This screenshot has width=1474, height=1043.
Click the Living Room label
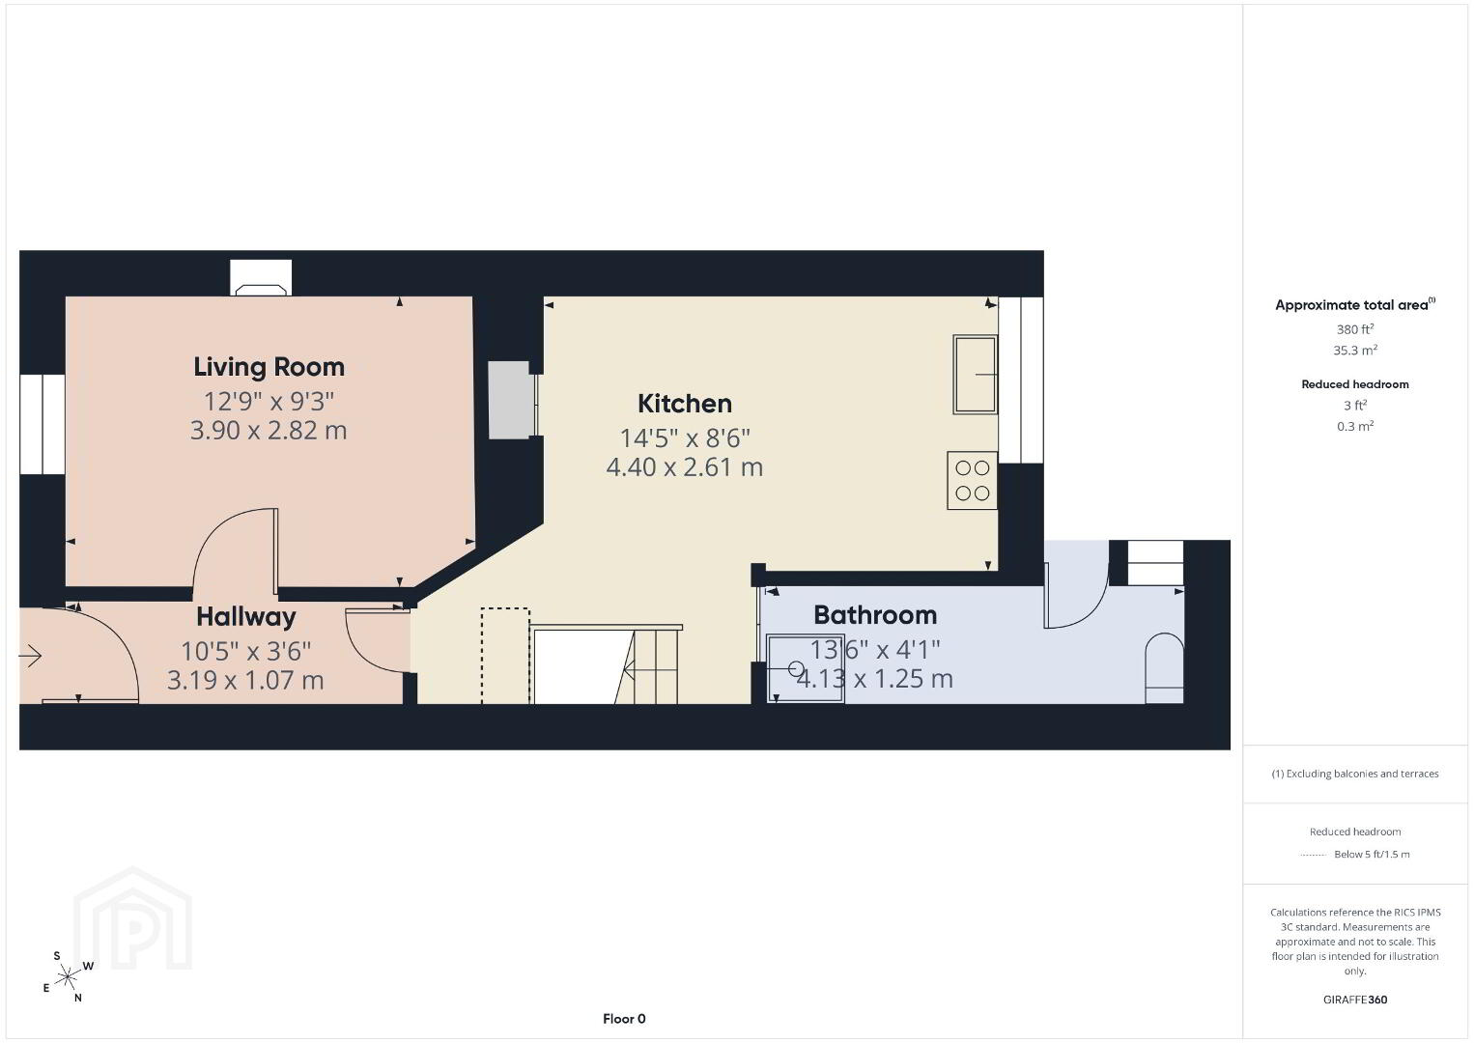[x=269, y=367]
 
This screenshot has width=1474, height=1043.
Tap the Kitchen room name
[x=684, y=404]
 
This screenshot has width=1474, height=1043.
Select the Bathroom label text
[x=875, y=614]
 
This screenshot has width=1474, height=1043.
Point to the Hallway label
[x=246, y=617]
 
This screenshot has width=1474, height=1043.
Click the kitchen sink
[x=976, y=375]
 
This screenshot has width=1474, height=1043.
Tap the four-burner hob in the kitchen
[x=972, y=480]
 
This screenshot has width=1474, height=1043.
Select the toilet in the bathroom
[x=1164, y=668]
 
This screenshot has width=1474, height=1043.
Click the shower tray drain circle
[x=796, y=669]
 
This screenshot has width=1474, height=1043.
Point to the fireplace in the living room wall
[x=261, y=278]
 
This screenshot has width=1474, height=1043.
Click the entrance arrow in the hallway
[x=30, y=656]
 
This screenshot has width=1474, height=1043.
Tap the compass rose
[x=68, y=977]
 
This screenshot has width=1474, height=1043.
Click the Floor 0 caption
[x=624, y=1019]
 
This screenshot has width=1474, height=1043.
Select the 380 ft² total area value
[x=1355, y=329]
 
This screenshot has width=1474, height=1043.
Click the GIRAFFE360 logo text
[x=1355, y=1000]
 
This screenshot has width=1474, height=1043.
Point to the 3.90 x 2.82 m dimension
[x=269, y=431]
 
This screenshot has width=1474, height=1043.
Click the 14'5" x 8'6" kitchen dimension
[x=684, y=437]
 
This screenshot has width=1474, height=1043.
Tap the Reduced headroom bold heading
[x=1355, y=384]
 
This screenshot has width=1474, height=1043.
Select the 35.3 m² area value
[x=1355, y=350]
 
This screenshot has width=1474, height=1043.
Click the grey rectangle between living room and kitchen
[x=511, y=400]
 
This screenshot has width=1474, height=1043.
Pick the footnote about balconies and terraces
[x=1355, y=774]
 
